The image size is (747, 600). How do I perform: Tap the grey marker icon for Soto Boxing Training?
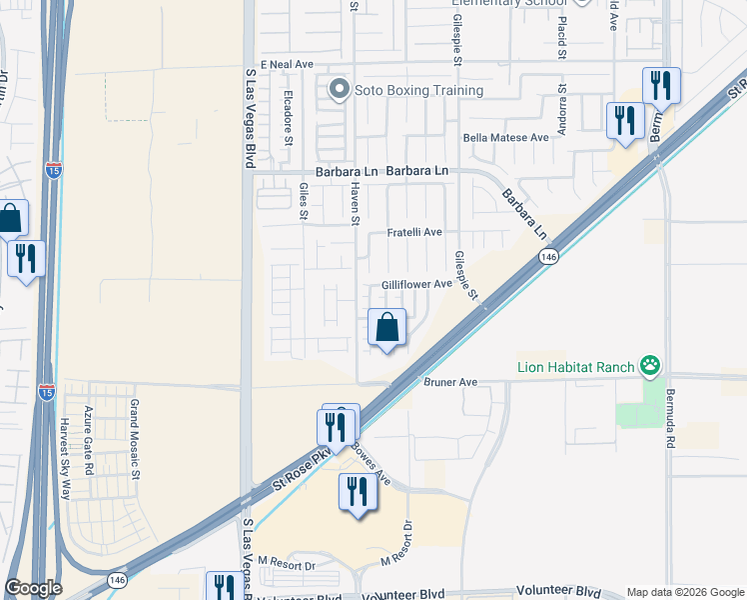point(340,90)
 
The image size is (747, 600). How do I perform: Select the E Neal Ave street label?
point(289,64)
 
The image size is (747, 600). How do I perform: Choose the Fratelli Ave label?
point(414,232)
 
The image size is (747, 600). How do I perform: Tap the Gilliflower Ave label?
point(416,285)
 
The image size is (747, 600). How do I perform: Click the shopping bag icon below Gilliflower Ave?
point(386,327)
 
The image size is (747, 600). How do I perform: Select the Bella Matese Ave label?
point(505,138)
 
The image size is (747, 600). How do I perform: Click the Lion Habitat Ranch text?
point(575,367)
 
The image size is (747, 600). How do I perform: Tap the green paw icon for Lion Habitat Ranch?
point(651,367)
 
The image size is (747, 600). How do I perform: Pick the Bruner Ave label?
point(450,382)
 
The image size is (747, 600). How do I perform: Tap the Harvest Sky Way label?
point(65,458)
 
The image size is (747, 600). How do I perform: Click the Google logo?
point(33,588)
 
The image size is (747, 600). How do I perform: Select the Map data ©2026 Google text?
point(684,592)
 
